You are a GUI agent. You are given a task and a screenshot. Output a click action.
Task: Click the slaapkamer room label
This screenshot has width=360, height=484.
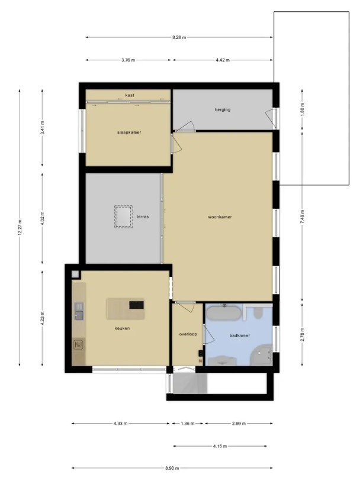pyautogui.click(x=129, y=133)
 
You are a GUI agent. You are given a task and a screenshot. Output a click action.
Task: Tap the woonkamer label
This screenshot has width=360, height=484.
pyautogui.click(x=220, y=217)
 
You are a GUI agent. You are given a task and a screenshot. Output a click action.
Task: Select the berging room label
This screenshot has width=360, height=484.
pyautogui.click(x=223, y=109)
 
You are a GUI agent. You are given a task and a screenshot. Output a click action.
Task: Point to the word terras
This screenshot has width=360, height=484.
pyautogui.click(x=143, y=217)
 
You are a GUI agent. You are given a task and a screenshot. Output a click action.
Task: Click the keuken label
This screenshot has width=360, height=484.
pyautogui.click(x=122, y=328)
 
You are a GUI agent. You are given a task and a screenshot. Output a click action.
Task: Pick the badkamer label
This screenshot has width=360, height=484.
pyautogui.click(x=239, y=335)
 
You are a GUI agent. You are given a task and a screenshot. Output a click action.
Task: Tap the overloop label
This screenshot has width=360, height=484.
pyautogui.click(x=188, y=334)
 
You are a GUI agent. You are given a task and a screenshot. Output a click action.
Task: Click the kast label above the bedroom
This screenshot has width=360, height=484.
pyautogui.click(x=130, y=95)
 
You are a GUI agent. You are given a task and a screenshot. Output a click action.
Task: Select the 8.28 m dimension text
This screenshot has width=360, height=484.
pyautogui.click(x=179, y=37)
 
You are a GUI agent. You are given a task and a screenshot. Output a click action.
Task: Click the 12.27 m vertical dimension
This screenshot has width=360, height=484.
pyautogui.click(x=20, y=227)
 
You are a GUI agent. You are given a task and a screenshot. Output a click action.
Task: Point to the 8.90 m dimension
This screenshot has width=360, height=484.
pyautogui.click(x=172, y=468)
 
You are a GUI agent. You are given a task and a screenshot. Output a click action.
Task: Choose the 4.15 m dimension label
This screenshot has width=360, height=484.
pyautogui.click(x=220, y=446)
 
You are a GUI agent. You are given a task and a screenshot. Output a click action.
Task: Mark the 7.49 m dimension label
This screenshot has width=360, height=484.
pyautogui.click(x=302, y=217)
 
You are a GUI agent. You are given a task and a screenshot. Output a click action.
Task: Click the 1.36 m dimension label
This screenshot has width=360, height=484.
pyautogui.click(x=188, y=424)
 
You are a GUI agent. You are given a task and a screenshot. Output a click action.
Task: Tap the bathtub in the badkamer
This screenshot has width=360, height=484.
pyautogui.click(x=223, y=313)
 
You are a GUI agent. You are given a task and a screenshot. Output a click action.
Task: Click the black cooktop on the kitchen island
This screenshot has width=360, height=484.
pyautogui.click(x=136, y=305)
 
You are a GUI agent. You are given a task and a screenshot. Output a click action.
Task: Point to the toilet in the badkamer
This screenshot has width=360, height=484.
pyautogui.click(x=258, y=312)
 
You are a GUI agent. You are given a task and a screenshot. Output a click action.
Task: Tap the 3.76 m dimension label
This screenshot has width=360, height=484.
pyautogui.click(x=128, y=60)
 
